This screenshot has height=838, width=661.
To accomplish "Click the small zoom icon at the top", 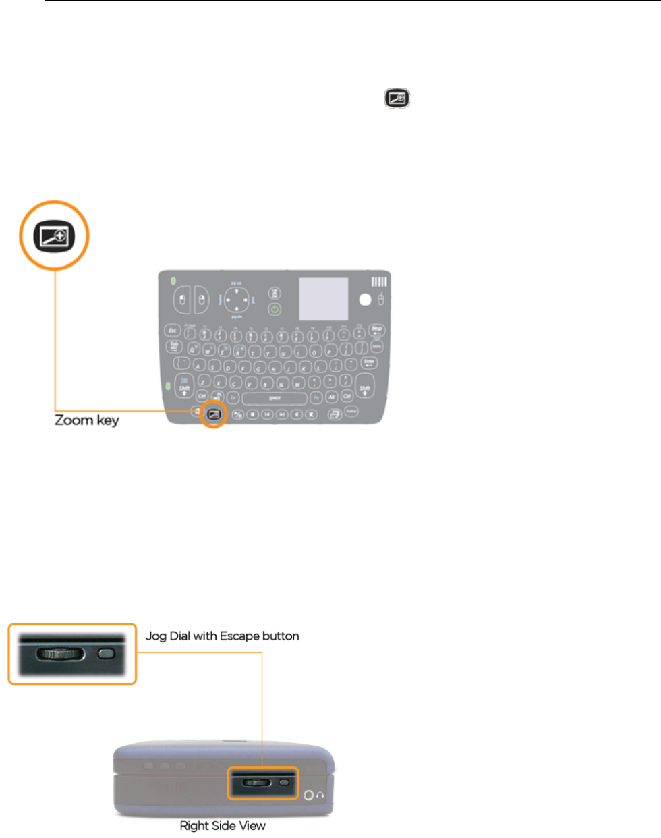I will click(x=397, y=99).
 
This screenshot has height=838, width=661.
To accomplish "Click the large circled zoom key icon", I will click(x=54, y=236).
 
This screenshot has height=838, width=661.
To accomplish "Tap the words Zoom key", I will click(x=86, y=420).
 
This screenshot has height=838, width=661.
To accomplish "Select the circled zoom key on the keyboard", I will click(x=214, y=415).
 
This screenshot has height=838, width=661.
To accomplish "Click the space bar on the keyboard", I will click(x=275, y=398).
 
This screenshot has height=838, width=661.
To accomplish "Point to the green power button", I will click(x=274, y=310).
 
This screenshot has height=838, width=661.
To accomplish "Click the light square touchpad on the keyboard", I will click(x=324, y=299).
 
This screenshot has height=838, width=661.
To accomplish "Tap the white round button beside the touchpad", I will click(x=365, y=300).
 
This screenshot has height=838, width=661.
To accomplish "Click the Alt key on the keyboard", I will click(x=331, y=397).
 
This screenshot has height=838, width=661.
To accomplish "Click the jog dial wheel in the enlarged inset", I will click(x=60, y=654).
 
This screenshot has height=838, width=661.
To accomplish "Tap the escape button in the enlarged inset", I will click(x=107, y=654).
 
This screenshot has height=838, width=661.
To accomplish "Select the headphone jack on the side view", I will click(x=310, y=795).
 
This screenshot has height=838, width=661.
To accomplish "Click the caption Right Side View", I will click(x=223, y=826).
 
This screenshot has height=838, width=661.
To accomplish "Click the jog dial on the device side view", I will click(x=256, y=783).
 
